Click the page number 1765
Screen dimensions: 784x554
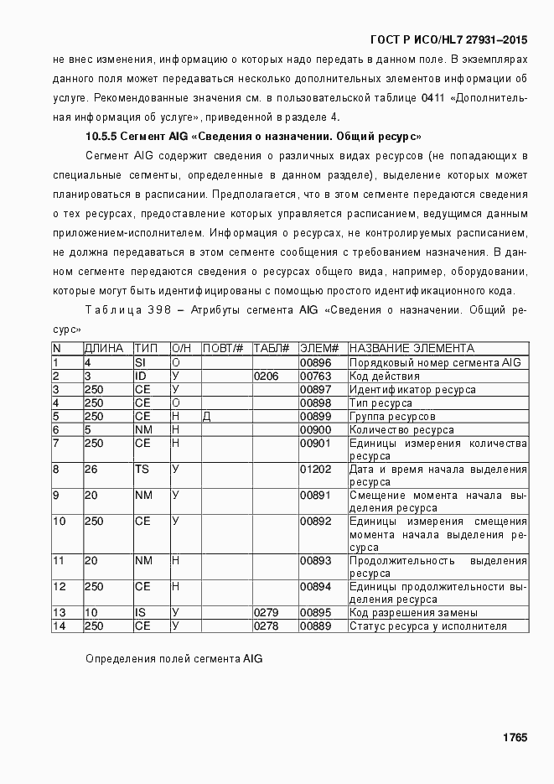click(515, 737)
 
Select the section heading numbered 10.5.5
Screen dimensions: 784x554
click(253, 136)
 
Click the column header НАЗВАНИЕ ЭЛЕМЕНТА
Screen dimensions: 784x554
click(412, 348)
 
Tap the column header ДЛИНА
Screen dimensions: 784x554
click(104, 348)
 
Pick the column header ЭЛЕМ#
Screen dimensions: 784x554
click(318, 348)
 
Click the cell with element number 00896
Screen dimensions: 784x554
click(316, 362)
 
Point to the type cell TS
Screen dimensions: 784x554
click(142, 470)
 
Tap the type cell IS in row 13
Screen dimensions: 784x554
click(140, 613)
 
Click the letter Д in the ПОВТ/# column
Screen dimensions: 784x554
click(206, 416)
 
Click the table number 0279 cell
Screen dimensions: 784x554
click(266, 613)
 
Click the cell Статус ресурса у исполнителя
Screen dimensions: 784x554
click(427, 626)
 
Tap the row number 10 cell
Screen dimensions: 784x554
click(60, 522)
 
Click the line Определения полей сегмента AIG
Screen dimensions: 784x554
click(174, 659)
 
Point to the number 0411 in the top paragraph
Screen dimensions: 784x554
click(432, 98)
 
